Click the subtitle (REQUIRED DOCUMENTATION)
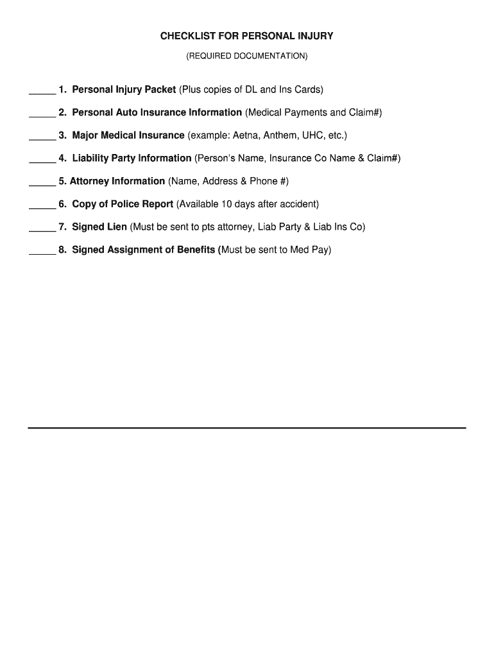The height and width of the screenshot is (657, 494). click(x=247, y=56)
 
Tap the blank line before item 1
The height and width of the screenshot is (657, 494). click(x=42, y=94)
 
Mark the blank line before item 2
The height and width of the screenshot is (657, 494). click(x=42, y=117)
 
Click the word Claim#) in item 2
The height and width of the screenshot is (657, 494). click(x=365, y=112)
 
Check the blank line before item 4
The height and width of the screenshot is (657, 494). click(x=42, y=162)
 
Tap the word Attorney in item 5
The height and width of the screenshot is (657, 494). click(x=89, y=181)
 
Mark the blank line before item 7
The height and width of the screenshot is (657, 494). click(x=42, y=231)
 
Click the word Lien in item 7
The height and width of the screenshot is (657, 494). click(x=117, y=226)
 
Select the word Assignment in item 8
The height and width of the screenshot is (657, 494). click(x=134, y=250)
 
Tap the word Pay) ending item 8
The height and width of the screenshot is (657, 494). click(x=321, y=250)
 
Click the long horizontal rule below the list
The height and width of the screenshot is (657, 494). click(x=247, y=427)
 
